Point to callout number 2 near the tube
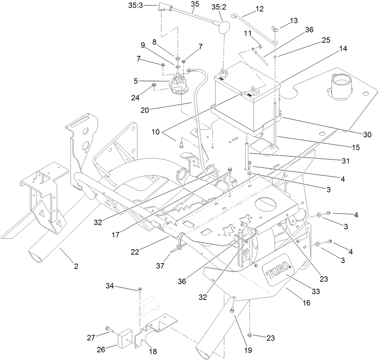[76, 267]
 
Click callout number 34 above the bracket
[110, 286]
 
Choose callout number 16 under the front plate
[306, 303]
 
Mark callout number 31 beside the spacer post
[345, 161]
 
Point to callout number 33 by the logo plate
[316, 291]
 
